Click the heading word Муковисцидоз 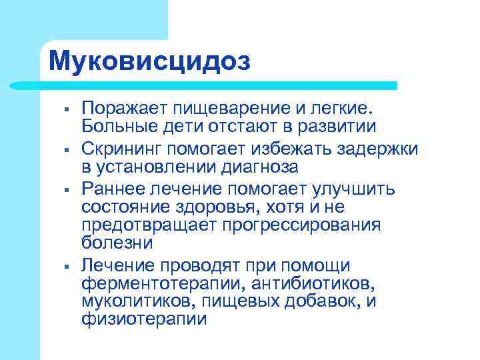(150, 61)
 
